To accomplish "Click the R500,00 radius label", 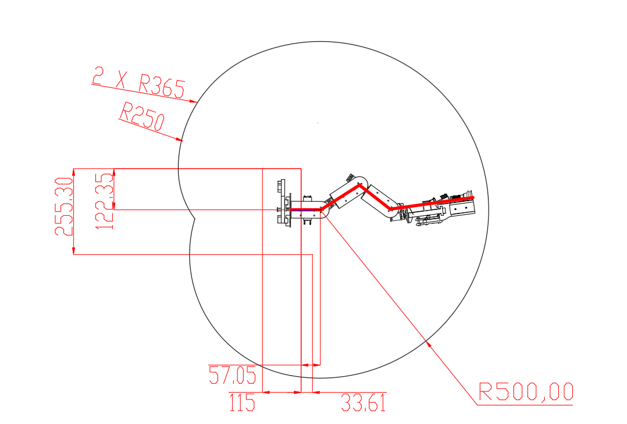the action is click(x=526, y=391).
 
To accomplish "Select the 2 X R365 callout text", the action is click(x=139, y=83).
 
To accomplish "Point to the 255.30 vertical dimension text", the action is click(x=64, y=206).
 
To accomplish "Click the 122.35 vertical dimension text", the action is click(x=105, y=201).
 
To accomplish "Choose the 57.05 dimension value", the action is click(x=232, y=375).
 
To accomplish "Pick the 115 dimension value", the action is click(x=243, y=402).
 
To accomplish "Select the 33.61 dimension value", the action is click(x=364, y=402).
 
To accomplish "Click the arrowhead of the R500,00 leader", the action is click(x=428, y=343).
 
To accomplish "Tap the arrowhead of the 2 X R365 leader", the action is click(x=194, y=101).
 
